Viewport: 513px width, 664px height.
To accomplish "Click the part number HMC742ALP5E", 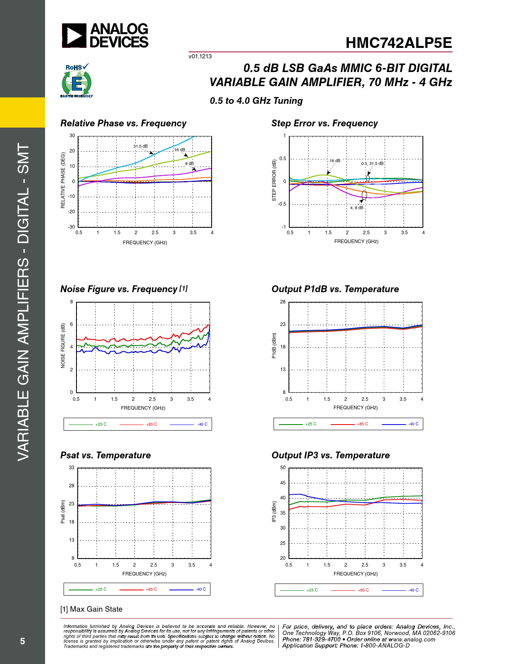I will pyautogui.click(x=398, y=43).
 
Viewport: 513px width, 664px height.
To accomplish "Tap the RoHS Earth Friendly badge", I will pyautogui.click(x=76, y=81).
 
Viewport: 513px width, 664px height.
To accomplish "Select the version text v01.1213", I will pyautogui.click(x=200, y=56).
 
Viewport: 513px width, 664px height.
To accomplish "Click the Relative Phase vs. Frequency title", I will pyautogui.click(x=123, y=124).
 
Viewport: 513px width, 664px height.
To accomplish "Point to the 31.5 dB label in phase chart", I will pyautogui.click(x=140, y=146).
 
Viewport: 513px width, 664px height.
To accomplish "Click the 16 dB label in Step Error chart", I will pyautogui.click(x=335, y=161).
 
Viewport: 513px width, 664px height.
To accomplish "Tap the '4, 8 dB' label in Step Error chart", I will pyautogui.click(x=356, y=208).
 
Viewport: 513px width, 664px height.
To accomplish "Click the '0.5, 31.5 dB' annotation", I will pyautogui.click(x=372, y=163).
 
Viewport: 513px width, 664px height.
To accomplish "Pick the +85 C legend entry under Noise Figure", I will pyautogui.click(x=151, y=424).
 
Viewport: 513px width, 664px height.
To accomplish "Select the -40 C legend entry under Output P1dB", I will pyautogui.click(x=413, y=424).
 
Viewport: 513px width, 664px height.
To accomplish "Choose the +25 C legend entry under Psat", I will pyautogui.click(x=101, y=589).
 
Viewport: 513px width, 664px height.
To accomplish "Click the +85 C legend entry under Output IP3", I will pyautogui.click(x=363, y=590).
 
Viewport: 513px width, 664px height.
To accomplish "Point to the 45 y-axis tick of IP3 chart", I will pyautogui.click(x=283, y=483).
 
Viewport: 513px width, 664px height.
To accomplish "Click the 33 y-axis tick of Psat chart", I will pyautogui.click(x=72, y=468).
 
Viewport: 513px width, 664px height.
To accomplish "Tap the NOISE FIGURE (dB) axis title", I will pyautogui.click(x=63, y=346).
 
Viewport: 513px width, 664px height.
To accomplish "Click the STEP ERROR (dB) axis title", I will pyautogui.click(x=274, y=180).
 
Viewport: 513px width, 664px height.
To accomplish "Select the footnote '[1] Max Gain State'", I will pyautogui.click(x=91, y=609).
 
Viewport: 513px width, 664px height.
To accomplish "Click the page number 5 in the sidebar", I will pyautogui.click(x=23, y=641).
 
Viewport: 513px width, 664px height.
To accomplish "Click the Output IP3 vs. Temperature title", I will pyautogui.click(x=330, y=455).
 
